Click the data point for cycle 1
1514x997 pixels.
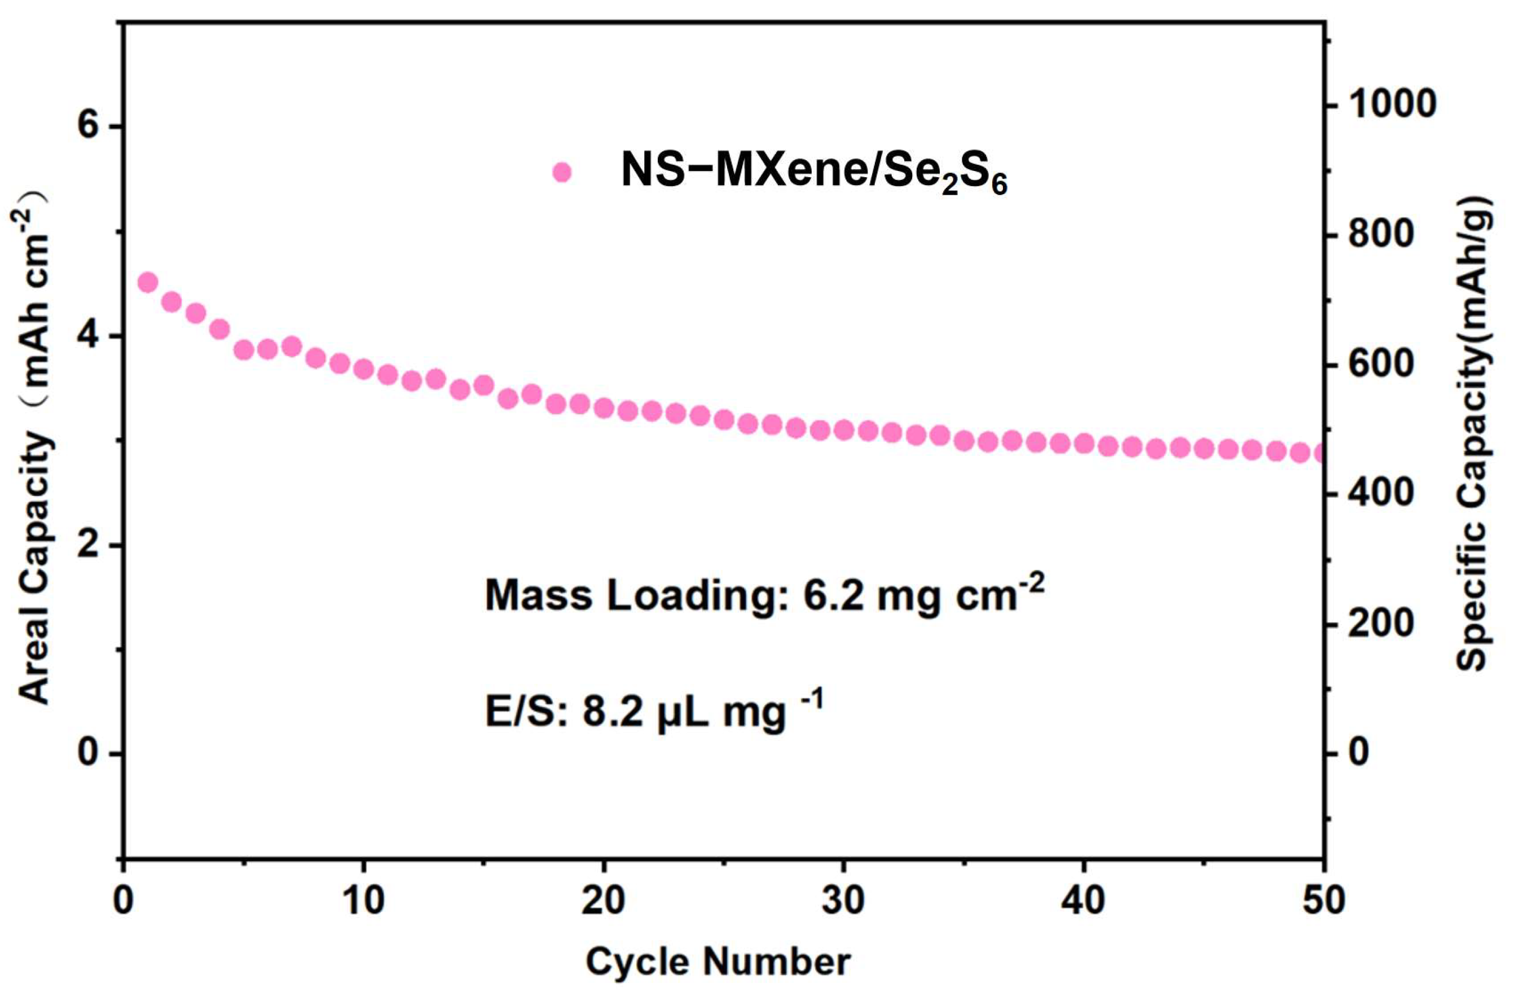148,283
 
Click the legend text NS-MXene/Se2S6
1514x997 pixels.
813,174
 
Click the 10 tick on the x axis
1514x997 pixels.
363,902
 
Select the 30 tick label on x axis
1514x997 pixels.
843,902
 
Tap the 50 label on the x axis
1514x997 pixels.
1323,902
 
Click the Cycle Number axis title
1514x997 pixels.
718,961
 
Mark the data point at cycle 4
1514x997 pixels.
220,329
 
